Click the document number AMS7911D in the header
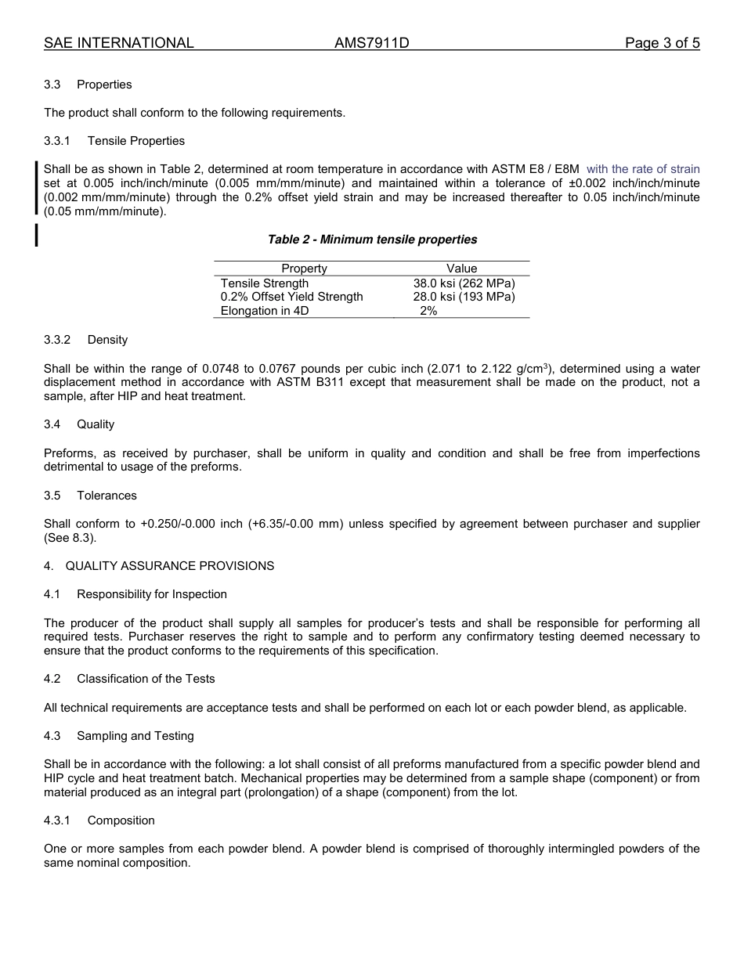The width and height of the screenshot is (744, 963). click(x=371, y=43)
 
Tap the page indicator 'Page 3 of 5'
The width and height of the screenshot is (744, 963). click(x=662, y=43)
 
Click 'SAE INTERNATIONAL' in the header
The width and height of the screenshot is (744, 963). click(x=119, y=43)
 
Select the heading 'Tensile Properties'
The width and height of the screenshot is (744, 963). click(x=136, y=141)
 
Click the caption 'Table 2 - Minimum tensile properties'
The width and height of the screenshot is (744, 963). click(x=372, y=240)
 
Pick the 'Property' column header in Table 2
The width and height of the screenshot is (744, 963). click(x=304, y=269)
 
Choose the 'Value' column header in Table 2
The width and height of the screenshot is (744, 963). click(x=461, y=269)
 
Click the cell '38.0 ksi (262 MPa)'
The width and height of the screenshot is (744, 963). click(x=464, y=283)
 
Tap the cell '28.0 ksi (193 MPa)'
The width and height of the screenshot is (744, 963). click(x=464, y=297)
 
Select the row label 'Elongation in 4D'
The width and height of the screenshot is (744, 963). click(x=265, y=311)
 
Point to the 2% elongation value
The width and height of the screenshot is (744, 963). click(x=428, y=311)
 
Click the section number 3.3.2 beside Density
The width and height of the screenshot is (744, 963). click(x=57, y=340)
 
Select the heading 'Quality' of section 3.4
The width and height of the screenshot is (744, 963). click(x=96, y=424)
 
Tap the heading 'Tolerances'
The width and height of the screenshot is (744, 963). click(x=107, y=496)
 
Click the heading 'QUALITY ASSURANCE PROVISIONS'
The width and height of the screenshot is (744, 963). click(x=170, y=566)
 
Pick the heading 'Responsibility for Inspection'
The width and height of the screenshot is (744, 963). click(x=152, y=594)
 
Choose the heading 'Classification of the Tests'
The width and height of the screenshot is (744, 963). click(x=146, y=679)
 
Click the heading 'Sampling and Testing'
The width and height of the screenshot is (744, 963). click(x=135, y=736)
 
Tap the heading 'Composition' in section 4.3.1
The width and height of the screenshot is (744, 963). click(x=121, y=821)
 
